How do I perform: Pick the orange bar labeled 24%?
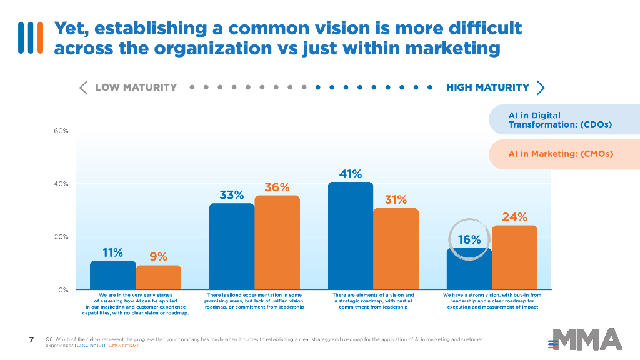[x=514, y=257]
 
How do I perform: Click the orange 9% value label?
[x=158, y=256]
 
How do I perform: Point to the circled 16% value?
[x=469, y=239]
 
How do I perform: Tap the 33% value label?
[x=231, y=195]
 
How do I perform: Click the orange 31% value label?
[x=396, y=200]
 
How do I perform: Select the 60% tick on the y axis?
[x=61, y=131]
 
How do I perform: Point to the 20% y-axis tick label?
[x=61, y=237]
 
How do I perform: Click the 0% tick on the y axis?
[x=63, y=290]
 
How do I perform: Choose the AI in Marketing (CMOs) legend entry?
[x=561, y=154]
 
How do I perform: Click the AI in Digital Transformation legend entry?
[x=559, y=120]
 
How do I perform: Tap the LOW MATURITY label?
[x=136, y=87]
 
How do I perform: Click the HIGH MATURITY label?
[x=487, y=87]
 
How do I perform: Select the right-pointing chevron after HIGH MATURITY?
[x=541, y=87]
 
